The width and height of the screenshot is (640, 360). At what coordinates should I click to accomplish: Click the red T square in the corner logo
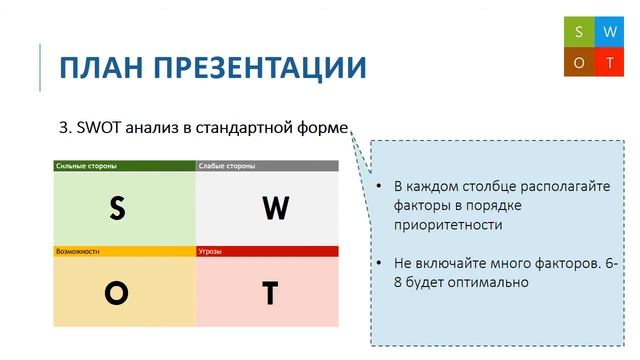pos(609,62)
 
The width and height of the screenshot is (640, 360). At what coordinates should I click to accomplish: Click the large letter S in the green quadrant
pos(117,208)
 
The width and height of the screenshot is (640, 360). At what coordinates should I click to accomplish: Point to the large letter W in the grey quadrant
pos(275,208)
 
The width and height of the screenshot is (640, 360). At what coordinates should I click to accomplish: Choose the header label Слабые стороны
pos(226,165)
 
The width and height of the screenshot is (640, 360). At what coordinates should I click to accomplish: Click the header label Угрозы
pos(211,251)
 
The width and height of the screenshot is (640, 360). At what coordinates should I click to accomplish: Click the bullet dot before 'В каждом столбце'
pos(379,187)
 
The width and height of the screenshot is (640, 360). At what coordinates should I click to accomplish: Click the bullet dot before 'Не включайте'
pos(379,263)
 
